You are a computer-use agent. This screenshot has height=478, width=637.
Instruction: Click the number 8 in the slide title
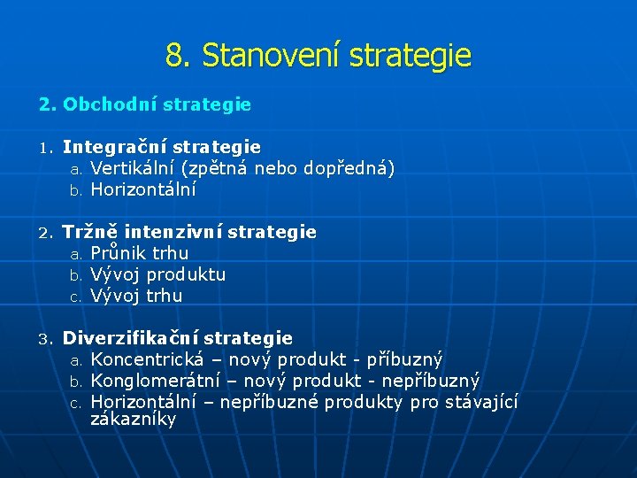(x=174, y=57)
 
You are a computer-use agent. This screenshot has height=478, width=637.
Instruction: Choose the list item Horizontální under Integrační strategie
(x=143, y=189)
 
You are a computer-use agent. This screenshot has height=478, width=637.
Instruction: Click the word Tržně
(x=90, y=232)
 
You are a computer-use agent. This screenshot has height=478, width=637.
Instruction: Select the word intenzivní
(x=173, y=232)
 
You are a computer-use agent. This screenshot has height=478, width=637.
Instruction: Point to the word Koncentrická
(x=147, y=359)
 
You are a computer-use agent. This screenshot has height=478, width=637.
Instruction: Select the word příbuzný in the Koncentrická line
(x=405, y=359)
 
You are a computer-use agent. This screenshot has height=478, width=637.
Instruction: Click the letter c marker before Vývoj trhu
(x=75, y=297)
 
